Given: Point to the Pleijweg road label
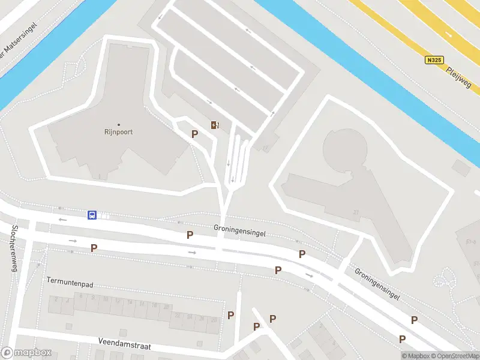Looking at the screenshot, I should click(x=460, y=78).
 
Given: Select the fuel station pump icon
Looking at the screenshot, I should click(x=214, y=125).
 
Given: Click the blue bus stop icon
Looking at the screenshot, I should click(x=92, y=215).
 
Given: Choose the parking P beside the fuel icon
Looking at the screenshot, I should click(x=194, y=134).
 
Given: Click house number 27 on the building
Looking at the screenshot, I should click(x=356, y=212).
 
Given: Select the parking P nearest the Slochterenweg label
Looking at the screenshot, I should click(x=94, y=248).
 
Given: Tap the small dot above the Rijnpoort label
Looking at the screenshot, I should click(x=119, y=124).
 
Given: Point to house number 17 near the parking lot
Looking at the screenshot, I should click(x=265, y=148).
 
